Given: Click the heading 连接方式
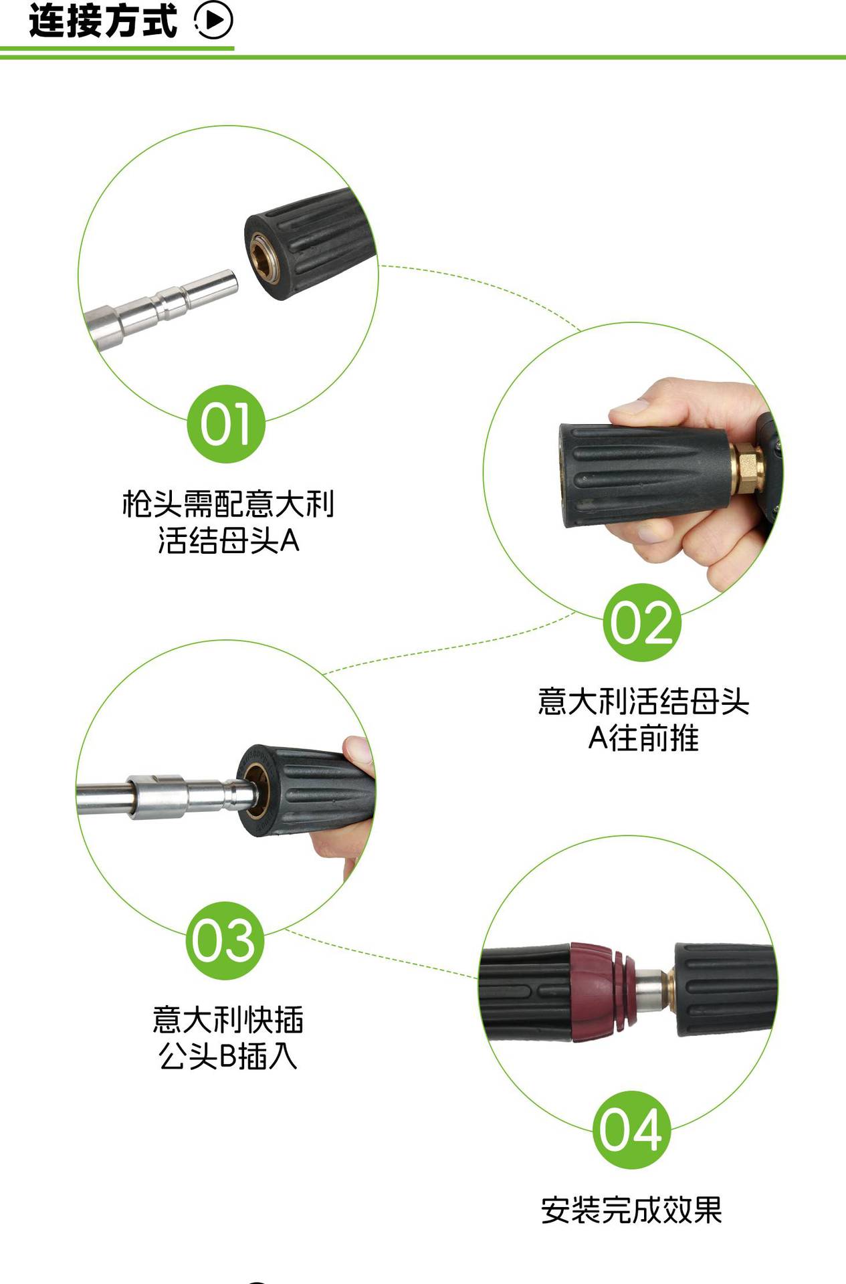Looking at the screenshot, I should coord(102,21).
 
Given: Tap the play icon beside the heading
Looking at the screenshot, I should coord(214,21).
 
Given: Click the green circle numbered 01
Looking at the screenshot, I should coord(226,424).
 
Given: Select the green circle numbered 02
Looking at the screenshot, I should coord(642,622).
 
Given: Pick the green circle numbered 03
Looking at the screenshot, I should coord(224,940).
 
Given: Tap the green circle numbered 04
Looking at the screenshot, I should coord(631,1130).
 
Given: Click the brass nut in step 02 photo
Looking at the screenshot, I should coord(747,467).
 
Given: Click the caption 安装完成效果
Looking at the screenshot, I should coord(631,1210).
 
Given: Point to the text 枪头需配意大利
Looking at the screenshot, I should coord(227,504).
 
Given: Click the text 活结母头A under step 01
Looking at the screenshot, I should coord(227,540).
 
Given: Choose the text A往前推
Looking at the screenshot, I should coord(643,738).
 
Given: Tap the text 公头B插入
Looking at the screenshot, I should coord(227,1056).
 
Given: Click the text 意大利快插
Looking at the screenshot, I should coord(227,1020).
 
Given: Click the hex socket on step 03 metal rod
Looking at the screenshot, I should coord(155,796).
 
